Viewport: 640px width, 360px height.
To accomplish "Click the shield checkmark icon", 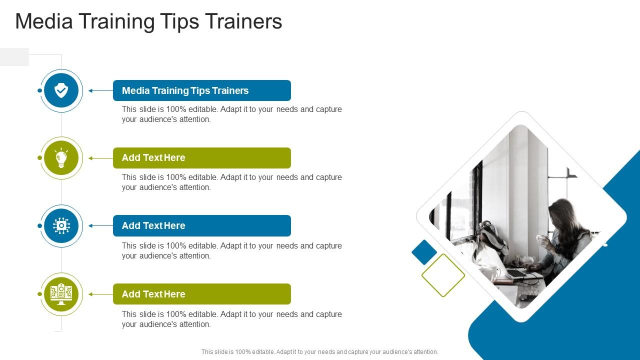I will (61, 90).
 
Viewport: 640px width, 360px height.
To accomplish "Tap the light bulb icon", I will (61, 158).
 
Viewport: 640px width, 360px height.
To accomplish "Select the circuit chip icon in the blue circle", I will (61, 226).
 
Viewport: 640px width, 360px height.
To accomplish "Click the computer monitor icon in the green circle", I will (61, 294).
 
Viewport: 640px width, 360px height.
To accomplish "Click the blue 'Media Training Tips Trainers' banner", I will (201, 90).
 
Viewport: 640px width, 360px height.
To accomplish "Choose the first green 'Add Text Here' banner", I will (201, 158).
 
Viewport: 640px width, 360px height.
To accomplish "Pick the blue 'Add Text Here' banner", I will (201, 226).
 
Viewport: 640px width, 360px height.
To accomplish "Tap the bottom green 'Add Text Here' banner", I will (201, 294).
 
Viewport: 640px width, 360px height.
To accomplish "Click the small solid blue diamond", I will (424, 252).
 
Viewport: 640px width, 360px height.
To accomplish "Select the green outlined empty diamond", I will (443, 275).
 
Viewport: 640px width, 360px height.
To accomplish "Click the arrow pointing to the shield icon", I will (100, 91).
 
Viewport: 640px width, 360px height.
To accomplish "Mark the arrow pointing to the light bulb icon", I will (100, 158).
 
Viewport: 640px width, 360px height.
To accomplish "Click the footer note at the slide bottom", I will (319, 352).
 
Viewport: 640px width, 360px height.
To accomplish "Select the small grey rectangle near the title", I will (14, 57).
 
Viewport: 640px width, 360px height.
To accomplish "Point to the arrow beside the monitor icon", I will (100, 294).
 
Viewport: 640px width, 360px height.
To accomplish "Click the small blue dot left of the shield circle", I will (39, 90).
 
